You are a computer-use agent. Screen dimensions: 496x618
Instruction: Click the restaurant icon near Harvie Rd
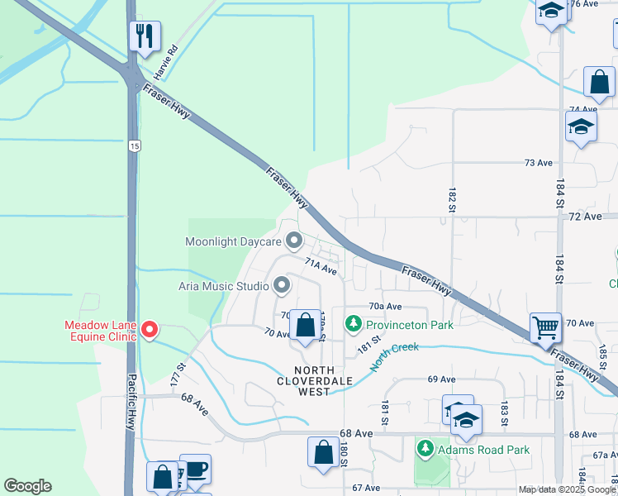pos(144,36)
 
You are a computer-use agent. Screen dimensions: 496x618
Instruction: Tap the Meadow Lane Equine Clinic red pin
pos(150,330)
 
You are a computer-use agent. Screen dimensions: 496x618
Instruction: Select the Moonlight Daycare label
pos(233,242)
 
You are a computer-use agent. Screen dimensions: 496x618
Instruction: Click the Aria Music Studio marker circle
pos(282,286)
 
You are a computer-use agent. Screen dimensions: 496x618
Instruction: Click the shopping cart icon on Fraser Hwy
pos(545,327)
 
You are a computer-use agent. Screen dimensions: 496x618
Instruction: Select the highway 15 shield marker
pos(135,145)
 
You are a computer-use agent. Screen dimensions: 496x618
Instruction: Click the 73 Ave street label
pos(538,163)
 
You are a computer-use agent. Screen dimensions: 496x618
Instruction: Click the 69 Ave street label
pos(442,379)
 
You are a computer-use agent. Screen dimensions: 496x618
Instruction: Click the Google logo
pos(27,486)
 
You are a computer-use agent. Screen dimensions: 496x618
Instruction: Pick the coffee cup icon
pos(196,469)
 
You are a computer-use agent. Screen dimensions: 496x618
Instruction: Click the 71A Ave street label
pos(321,266)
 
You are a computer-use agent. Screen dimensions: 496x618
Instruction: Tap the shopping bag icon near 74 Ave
pos(599,83)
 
